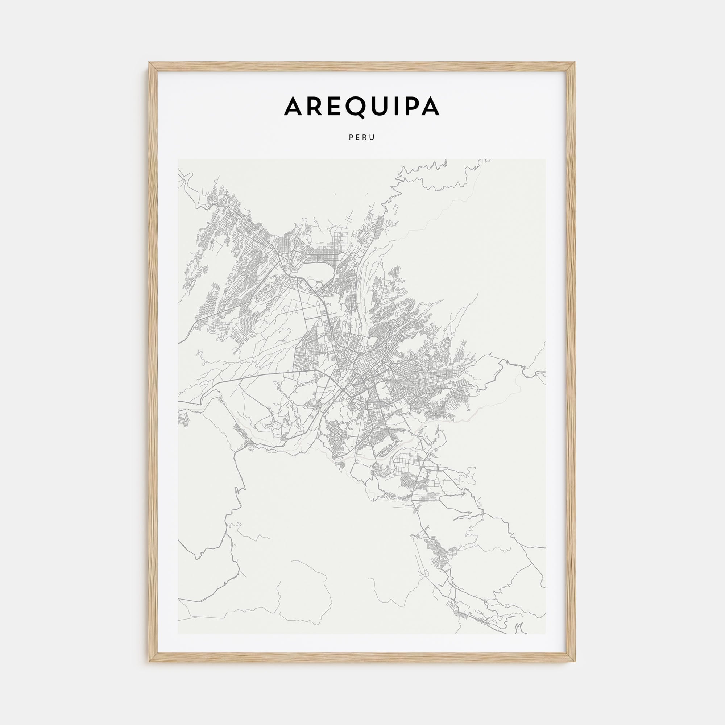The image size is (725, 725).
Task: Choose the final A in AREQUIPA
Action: tap(430, 107)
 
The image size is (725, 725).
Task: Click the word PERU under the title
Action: tap(362, 138)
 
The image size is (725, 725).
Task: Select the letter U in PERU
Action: tap(373, 138)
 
